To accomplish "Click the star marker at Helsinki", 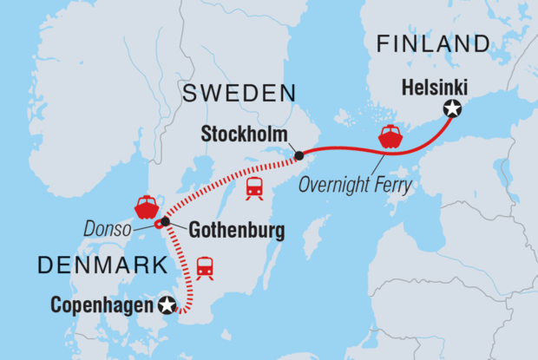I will [x=451, y=108].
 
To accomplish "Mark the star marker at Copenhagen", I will [x=167, y=304].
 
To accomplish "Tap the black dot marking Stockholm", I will [x=299, y=156].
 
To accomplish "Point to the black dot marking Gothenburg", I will [x=165, y=221].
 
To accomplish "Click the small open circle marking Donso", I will [x=158, y=225].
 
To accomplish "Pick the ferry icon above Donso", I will [x=145, y=206].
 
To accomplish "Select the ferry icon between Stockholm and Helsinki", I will [x=390, y=138].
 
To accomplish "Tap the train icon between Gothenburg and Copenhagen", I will [x=205, y=268].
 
